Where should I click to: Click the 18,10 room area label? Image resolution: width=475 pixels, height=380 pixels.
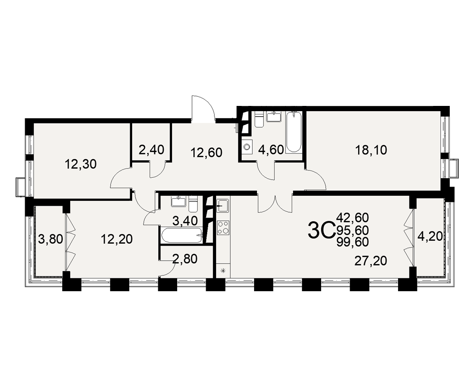pyautogui.click(x=371, y=150)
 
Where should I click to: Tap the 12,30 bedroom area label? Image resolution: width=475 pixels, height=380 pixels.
pyautogui.click(x=81, y=164)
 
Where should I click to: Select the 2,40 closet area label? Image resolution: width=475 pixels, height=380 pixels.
pyautogui.click(x=152, y=150)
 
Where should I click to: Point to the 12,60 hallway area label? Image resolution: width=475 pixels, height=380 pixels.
pyautogui.click(x=206, y=152)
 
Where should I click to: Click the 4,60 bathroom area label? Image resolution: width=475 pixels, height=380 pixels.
pyautogui.click(x=271, y=150)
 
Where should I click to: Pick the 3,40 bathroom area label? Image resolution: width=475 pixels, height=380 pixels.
pyautogui.click(x=185, y=220)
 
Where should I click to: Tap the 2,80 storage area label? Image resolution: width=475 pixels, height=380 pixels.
pyautogui.click(x=184, y=259)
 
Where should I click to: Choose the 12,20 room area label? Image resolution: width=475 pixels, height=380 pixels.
pyautogui.click(x=117, y=239)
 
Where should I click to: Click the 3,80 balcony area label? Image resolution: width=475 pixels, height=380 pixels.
pyautogui.click(x=51, y=239)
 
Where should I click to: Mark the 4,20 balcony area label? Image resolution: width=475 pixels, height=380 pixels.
pyautogui.click(x=430, y=236)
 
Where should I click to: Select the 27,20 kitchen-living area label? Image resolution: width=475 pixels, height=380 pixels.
pyautogui.click(x=371, y=261)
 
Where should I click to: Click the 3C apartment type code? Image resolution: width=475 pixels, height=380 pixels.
pyautogui.click(x=321, y=231)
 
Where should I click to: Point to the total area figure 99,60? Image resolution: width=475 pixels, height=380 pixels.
pyautogui.click(x=352, y=242)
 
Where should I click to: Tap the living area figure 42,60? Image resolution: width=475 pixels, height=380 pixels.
pyautogui.click(x=352, y=217)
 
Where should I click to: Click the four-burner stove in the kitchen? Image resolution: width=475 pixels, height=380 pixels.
pyautogui.click(x=223, y=228)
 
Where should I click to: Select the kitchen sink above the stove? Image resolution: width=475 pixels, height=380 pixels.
pyautogui.click(x=223, y=206)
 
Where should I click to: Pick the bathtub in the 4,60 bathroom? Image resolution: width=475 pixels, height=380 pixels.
pyautogui.click(x=294, y=132)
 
